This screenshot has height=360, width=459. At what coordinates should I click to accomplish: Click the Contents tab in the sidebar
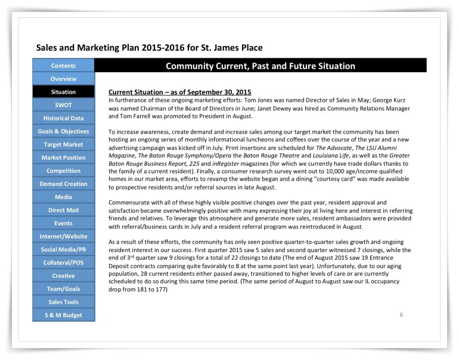pyautogui.click(x=63, y=66)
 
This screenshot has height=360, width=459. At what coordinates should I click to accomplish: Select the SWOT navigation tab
pyautogui.click(x=63, y=105)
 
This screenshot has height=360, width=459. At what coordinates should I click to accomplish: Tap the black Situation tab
pyautogui.click(x=63, y=92)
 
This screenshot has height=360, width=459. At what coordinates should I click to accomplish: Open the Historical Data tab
pyautogui.click(x=63, y=118)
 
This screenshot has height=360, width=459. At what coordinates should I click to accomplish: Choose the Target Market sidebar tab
pyautogui.click(x=63, y=144)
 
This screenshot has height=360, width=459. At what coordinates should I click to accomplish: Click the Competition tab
pyautogui.click(x=63, y=170)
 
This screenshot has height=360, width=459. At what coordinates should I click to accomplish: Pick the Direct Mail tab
pyautogui.click(x=63, y=210)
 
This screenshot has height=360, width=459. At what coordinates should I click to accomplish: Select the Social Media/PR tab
pyautogui.click(x=63, y=249)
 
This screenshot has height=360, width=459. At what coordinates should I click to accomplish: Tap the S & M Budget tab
pyautogui.click(x=63, y=315)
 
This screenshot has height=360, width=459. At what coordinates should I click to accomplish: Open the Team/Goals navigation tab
pyautogui.click(x=63, y=288)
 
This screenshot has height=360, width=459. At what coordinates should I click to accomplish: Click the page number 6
pyautogui.click(x=401, y=314)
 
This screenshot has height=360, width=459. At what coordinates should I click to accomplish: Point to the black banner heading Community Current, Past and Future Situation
pyautogui.click(x=260, y=66)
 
